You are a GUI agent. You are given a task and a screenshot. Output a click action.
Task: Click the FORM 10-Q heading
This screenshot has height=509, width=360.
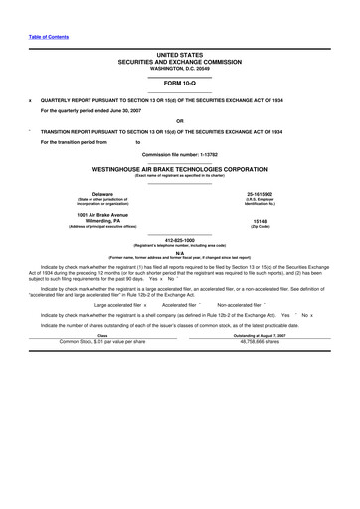179,83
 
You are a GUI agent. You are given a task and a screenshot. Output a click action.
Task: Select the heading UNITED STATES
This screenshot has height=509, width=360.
179,55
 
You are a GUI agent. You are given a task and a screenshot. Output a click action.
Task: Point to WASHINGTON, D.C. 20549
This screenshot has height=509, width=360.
179,67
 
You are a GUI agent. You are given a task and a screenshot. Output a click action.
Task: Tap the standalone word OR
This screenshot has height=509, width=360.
179,120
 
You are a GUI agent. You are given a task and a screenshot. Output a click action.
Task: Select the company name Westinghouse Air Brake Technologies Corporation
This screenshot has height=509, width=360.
179,170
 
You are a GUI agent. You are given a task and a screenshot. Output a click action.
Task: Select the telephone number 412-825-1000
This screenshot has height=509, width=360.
179,239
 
